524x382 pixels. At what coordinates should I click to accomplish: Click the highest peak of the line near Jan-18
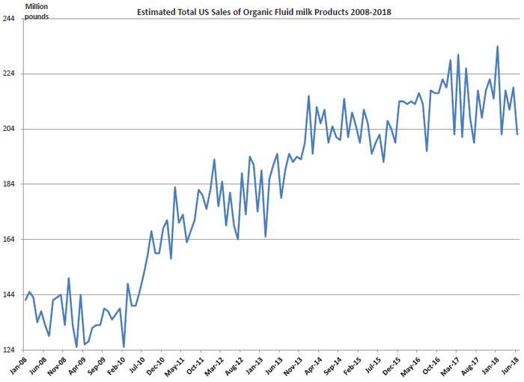[498, 46]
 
